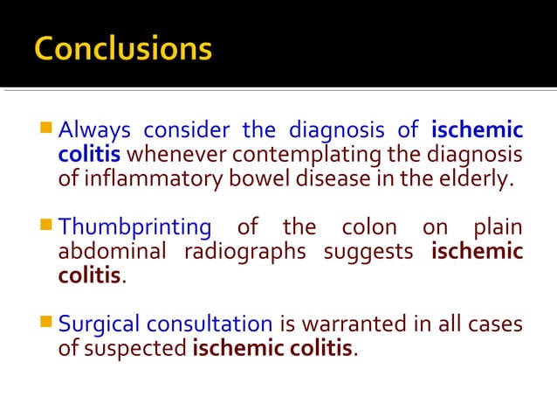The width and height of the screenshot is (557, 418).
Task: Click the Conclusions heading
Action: pyautogui.click(x=123, y=49)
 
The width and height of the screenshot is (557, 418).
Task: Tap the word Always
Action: pyautogui.click(x=94, y=131)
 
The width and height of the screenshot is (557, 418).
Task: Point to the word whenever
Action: pyautogui.click(x=179, y=156)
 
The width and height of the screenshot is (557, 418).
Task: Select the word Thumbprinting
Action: pyautogui.click(x=134, y=228)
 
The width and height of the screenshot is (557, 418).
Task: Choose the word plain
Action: pyautogui.click(x=498, y=228)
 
